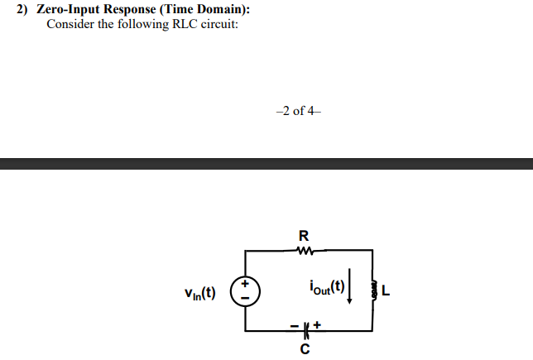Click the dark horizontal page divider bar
266,164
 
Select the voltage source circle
245,291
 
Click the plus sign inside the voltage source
245,284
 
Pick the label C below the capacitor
305,348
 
